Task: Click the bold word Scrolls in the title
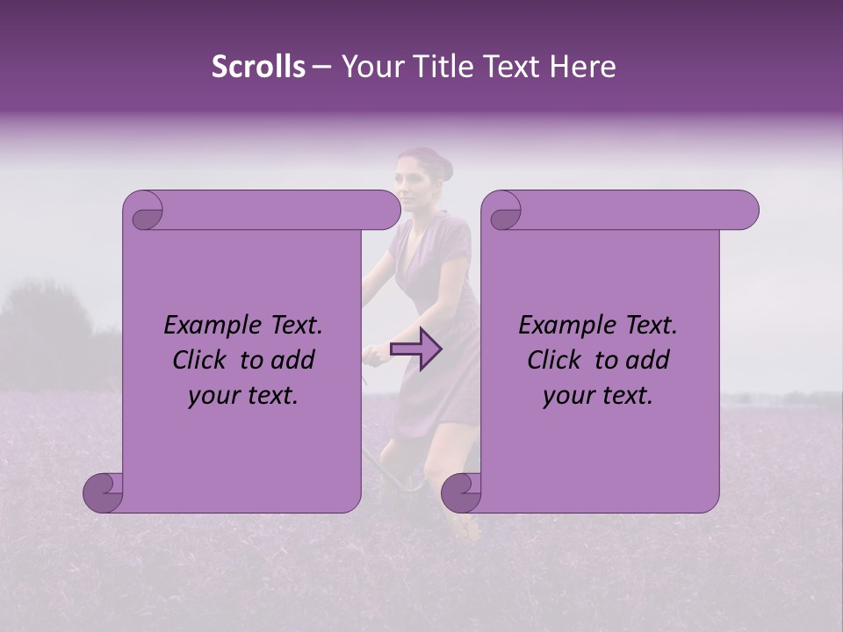(258, 67)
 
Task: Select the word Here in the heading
(582, 67)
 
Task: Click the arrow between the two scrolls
(416, 349)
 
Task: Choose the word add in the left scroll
(293, 361)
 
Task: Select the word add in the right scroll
(648, 361)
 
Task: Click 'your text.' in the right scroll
(598, 396)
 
